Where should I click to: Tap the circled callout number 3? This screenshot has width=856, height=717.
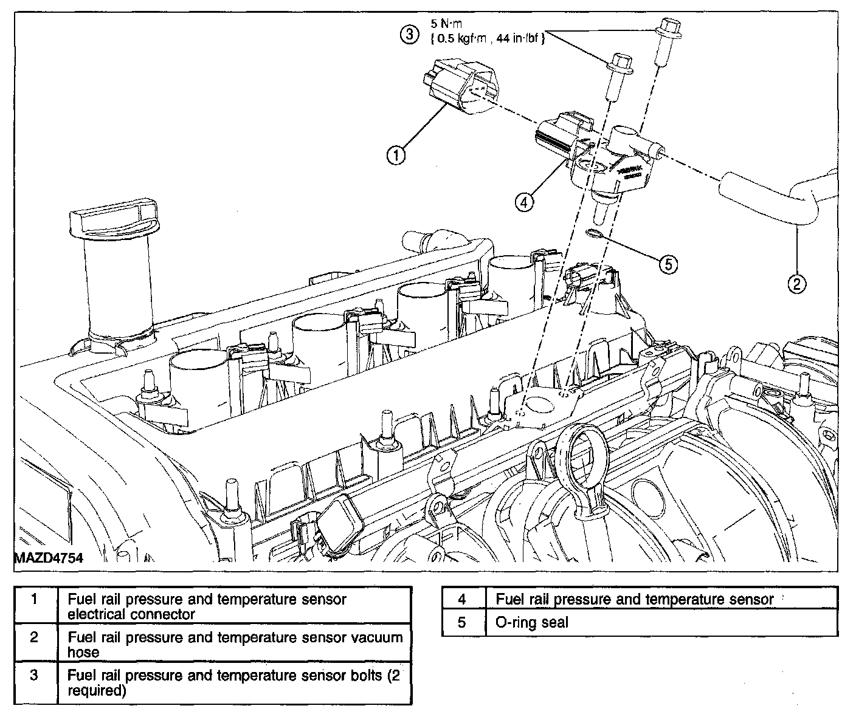(409, 35)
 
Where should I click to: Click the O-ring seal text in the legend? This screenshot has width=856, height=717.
(532, 622)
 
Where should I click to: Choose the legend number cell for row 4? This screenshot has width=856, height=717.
(462, 599)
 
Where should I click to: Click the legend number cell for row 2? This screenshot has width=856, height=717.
(35, 637)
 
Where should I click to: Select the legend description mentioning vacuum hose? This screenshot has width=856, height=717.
(235, 645)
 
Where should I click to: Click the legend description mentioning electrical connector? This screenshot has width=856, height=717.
(207, 606)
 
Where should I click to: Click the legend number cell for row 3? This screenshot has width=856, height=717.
(35, 675)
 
